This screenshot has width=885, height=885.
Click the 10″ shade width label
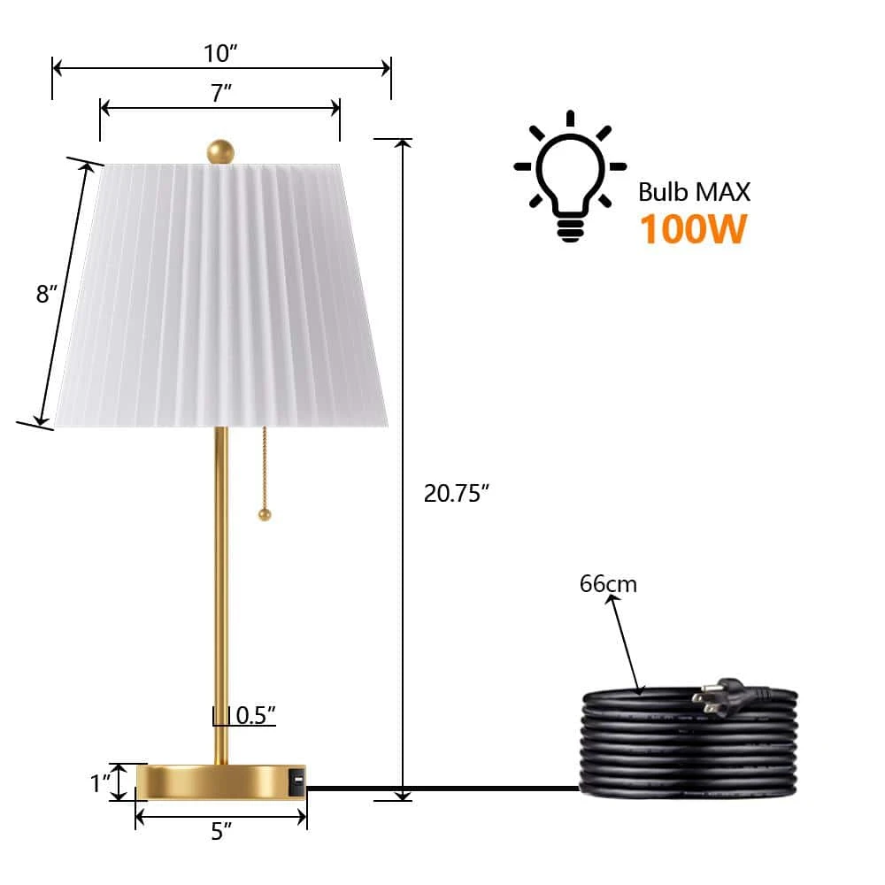pos(220,54)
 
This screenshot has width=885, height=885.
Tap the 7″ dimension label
pos(221,93)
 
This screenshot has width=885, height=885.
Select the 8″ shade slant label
pos(47,294)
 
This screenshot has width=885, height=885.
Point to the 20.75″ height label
pos(456,493)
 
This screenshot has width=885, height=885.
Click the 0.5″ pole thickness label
pos(256,715)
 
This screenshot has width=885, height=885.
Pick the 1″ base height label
pos(100,783)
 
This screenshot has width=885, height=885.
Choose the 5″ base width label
pos(221,831)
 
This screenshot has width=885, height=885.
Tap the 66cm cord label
pos(608,584)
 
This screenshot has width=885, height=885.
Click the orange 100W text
pos(694,228)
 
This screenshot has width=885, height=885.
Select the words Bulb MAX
pos(694,192)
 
